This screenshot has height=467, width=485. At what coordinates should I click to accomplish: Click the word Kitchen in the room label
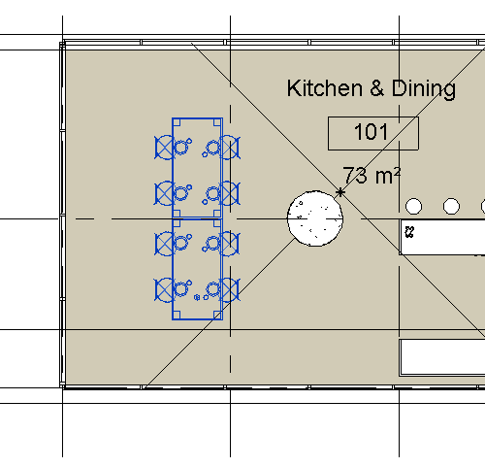tap(322, 89)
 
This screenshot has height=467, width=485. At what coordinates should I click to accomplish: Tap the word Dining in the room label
tap(424, 89)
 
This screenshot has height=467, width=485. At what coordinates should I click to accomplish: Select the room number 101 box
tap(372, 133)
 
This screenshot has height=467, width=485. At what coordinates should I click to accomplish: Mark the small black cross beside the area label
tap(340, 192)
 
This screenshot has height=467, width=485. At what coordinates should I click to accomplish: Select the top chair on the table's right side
tap(229, 147)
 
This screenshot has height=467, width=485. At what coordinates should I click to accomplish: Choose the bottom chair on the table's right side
tap(229, 288)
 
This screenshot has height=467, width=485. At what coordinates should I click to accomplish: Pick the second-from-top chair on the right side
tap(229, 193)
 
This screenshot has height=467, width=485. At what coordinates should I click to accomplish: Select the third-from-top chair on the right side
tap(229, 241)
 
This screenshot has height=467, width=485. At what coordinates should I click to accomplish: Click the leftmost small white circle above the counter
tap(414, 206)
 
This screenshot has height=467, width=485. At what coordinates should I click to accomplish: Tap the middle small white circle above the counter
tap(451, 206)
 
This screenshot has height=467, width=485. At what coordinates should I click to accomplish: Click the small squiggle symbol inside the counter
tap(410, 232)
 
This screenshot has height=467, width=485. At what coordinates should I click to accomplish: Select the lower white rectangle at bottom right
tap(443, 356)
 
